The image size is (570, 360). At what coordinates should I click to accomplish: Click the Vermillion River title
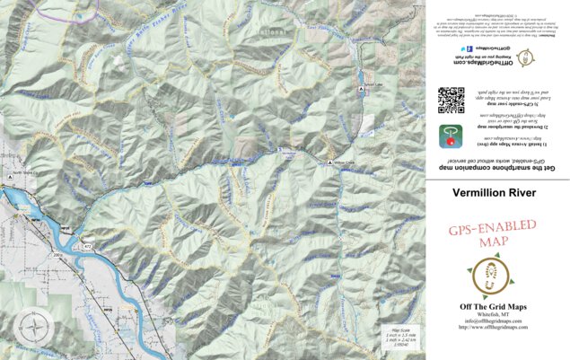pyautogui.click(x=494, y=192)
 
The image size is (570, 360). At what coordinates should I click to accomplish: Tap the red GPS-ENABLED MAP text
pyautogui.click(x=493, y=236)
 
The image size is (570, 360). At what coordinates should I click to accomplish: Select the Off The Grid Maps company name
pyautogui.click(x=493, y=307)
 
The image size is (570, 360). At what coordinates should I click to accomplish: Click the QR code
pyautogui.click(x=451, y=100)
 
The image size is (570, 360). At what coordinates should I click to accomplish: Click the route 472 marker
pyautogui.click(x=89, y=244)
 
